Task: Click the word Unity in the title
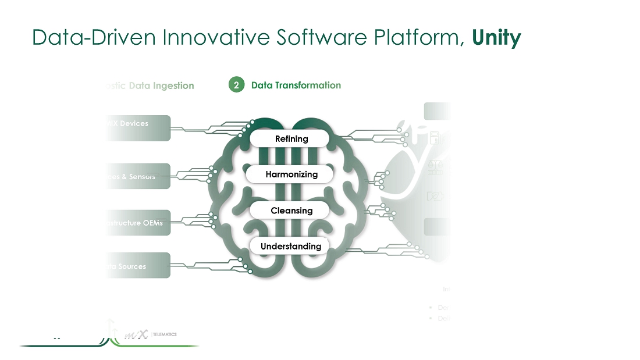[496, 37]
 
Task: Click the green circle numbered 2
[236, 85]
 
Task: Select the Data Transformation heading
[296, 85]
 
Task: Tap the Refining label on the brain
[291, 138]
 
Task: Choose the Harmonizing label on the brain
[291, 174]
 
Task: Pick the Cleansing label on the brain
[291, 211]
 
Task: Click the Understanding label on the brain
[290, 246]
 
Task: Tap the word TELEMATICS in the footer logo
[165, 334]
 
